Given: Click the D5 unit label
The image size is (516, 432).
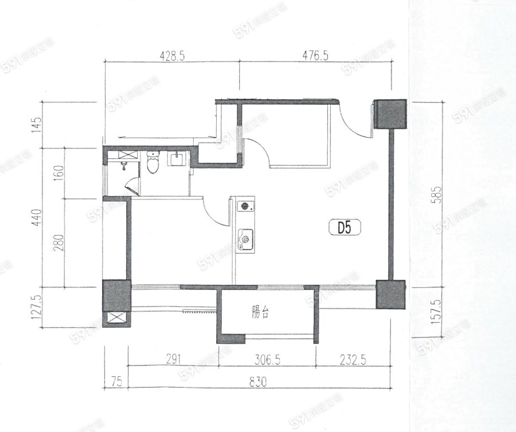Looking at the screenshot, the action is [x=345, y=227].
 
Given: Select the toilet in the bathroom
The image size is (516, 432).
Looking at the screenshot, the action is [x=153, y=162].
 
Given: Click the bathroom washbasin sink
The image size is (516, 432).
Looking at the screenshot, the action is [x=178, y=159].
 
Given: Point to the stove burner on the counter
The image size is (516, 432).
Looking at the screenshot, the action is [x=245, y=206].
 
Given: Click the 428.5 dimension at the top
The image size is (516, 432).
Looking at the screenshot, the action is [x=172, y=56].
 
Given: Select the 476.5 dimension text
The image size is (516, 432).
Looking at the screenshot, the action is [x=315, y=56].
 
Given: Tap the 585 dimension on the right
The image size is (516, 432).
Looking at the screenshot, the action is [x=437, y=195].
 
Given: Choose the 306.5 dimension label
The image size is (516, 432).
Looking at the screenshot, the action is [x=267, y=360].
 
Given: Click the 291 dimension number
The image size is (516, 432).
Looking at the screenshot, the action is [x=173, y=360].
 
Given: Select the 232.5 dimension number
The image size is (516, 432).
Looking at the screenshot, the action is [x=353, y=360].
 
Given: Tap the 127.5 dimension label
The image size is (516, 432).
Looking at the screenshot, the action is [x=37, y=307].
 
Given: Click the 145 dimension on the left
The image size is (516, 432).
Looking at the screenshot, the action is [x=37, y=124].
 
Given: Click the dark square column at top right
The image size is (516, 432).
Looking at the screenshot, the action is [x=390, y=114].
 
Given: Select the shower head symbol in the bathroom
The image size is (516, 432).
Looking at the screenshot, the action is [x=124, y=166].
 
